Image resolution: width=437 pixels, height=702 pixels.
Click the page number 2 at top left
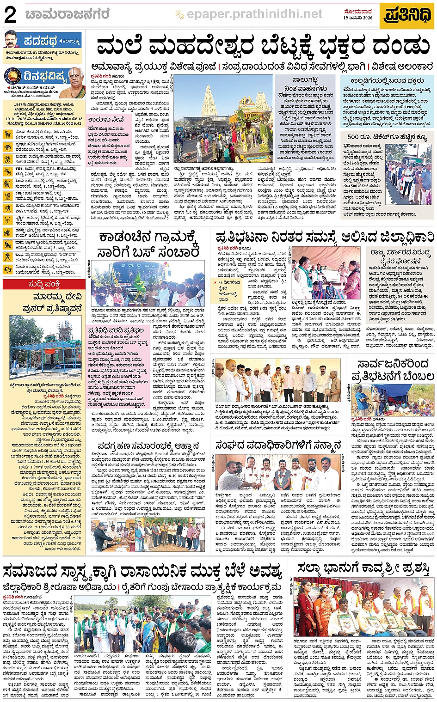coord(10,15)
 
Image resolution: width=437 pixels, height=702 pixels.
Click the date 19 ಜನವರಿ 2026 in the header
coord(358,18)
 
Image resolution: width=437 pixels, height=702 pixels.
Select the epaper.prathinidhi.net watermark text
coord(254,14)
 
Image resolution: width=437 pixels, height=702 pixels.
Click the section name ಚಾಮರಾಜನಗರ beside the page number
coord(68,15)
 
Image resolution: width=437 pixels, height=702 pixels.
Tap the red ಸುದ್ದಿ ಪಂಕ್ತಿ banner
coord(44,284)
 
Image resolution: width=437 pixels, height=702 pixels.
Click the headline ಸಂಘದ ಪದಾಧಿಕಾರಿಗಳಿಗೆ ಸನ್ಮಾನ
coord(278,446)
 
